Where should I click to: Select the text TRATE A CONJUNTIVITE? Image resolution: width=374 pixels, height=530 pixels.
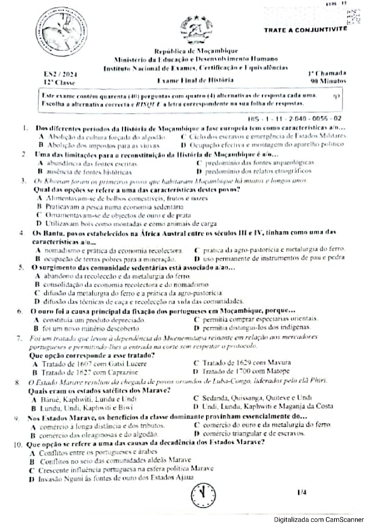pyautogui.click(x=305, y=30)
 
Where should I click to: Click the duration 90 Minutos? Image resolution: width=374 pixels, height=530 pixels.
pyautogui.click(x=327, y=81)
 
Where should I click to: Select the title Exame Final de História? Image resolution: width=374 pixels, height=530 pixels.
pyautogui.click(x=195, y=80)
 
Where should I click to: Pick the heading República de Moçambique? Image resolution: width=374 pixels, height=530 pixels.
pyautogui.click(x=196, y=51)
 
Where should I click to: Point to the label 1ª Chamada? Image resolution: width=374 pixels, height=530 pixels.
pyautogui.click(x=326, y=74)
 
